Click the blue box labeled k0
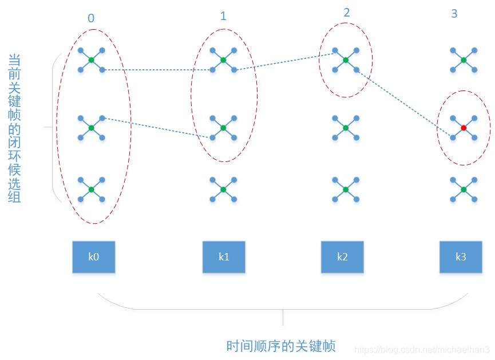point(93,256)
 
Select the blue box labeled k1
point(224,256)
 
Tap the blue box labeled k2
point(342,256)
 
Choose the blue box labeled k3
point(461,256)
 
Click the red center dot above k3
point(464,127)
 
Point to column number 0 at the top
point(91,18)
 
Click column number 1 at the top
point(223,16)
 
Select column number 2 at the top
point(347,13)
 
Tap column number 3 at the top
point(454,14)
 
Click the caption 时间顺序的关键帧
point(280,346)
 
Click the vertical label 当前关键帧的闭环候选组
point(15,128)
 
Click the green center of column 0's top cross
point(92,60)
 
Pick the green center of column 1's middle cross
point(223,127)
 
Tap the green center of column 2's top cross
point(345,60)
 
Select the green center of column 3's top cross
point(464,60)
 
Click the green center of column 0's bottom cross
point(92,189)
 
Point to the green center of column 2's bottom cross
point(345,189)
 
